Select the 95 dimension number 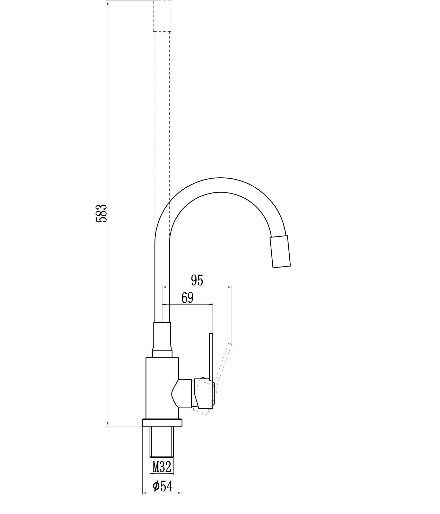pyautogui.click(x=197, y=280)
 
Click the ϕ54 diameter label pyautogui.click(x=162, y=486)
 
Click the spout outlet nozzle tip pyautogui.click(x=280, y=252)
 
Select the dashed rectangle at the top pyautogui.click(x=162, y=16)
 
